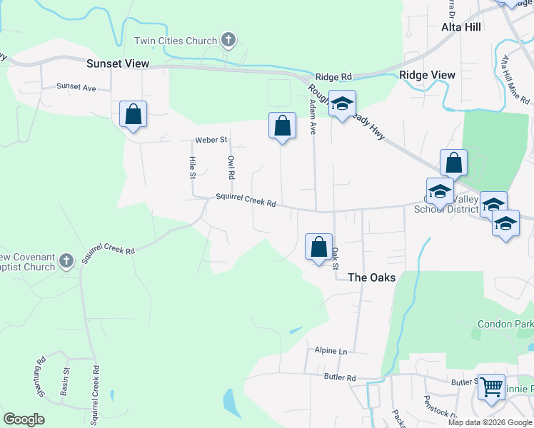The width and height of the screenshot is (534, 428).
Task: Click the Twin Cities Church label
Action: click(176, 41)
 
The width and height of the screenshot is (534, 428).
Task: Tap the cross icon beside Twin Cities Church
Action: click(228, 40)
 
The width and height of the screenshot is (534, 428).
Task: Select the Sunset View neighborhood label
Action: click(118, 63)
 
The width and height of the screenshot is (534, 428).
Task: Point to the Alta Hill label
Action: click(461, 26)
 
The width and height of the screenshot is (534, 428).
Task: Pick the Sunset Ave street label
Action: click(76, 87)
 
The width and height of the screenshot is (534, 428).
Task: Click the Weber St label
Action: click(211, 140)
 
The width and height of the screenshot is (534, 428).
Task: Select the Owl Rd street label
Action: click(231, 167)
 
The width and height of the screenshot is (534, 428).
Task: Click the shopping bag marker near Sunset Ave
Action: click(133, 114)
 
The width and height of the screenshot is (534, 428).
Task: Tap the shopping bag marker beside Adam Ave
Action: click(282, 126)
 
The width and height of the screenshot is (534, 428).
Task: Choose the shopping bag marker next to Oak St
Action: click(318, 247)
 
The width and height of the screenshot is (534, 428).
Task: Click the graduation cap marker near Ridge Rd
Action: click(342, 104)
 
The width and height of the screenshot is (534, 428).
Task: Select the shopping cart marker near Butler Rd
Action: click(491, 387)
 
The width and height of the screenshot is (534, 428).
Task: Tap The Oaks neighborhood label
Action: click(371, 277)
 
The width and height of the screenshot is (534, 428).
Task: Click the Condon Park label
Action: click(504, 323)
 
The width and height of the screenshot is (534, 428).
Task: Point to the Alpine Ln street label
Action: click(331, 351)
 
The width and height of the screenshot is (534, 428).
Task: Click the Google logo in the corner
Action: click(24, 419)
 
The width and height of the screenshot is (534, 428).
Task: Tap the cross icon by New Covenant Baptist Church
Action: click(66, 261)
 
